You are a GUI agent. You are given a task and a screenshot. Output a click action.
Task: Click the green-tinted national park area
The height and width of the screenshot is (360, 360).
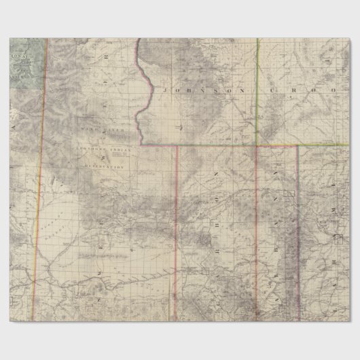pyautogui.click(x=24, y=61)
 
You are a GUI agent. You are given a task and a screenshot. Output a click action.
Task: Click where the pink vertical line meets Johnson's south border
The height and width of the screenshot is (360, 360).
pyautogui.click(x=176, y=145)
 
